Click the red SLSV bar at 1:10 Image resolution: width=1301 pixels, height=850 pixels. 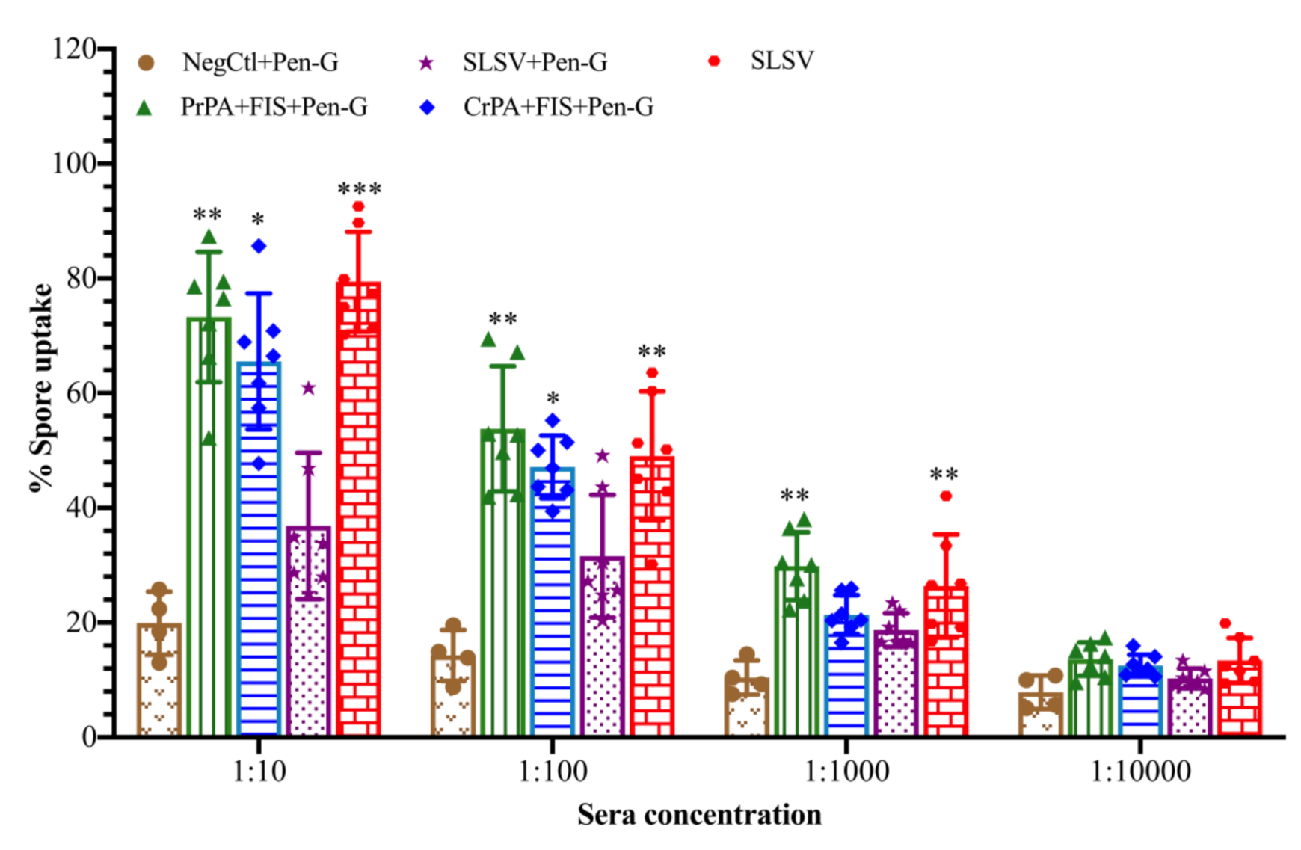click(x=358, y=508)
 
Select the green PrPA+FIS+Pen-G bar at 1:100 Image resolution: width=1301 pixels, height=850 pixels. click(x=502, y=583)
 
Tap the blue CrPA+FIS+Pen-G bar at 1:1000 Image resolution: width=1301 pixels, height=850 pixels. click(x=846, y=677)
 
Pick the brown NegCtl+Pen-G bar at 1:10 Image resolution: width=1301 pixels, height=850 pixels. click(x=159, y=680)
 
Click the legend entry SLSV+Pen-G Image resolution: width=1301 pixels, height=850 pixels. click(x=534, y=62)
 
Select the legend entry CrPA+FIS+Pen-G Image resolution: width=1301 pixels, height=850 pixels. click(x=558, y=107)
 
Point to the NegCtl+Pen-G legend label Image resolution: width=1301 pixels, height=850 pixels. click(x=260, y=62)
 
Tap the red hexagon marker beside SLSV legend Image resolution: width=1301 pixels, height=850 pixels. click(x=714, y=61)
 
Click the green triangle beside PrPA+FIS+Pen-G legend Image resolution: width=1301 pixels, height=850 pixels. click(x=144, y=108)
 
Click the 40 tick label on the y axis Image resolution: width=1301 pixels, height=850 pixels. click(x=81, y=508)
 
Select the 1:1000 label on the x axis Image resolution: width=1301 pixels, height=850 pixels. click(x=846, y=772)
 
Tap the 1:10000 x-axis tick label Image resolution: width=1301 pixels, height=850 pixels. click(x=1139, y=772)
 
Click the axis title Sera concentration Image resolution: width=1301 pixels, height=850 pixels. click(x=698, y=814)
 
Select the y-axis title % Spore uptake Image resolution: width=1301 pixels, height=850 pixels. click(x=41, y=389)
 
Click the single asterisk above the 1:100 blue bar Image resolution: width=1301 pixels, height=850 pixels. click(x=553, y=398)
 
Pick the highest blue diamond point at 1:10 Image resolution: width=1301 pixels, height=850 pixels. click(x=259, y=246)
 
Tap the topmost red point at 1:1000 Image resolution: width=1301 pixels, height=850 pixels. click(x=946, y=496)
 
